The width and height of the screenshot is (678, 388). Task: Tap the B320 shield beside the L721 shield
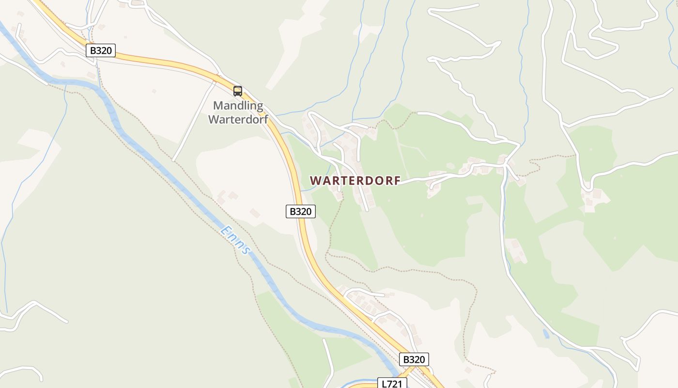pos(414,359)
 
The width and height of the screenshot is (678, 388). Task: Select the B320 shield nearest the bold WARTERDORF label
pos(300,211)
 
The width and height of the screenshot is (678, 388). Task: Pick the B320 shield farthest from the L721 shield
pos(101,50)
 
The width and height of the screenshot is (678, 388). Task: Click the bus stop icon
pos(237,91)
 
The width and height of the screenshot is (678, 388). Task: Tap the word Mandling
pos(238,105)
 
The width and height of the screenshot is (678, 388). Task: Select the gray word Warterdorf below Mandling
pos(238,119)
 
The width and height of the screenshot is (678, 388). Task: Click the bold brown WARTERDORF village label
pos(355,180)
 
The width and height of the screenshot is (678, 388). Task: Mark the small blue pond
pos(546,334)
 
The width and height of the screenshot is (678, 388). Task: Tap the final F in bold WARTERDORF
pos(397,180)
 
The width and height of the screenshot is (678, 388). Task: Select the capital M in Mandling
pos(218,105)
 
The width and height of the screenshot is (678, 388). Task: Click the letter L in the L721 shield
pos(385,384)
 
